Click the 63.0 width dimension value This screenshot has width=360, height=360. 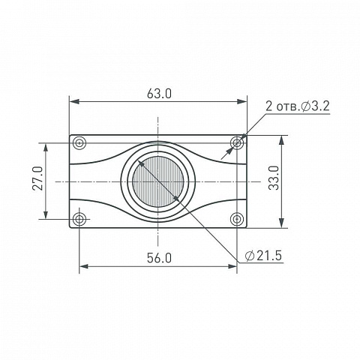tap(159, 94)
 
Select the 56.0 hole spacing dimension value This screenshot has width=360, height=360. tap(159, 258)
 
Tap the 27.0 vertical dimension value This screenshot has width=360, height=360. tap(38, 178)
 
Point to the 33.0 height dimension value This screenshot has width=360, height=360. tap(274, 178)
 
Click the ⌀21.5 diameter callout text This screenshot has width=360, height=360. tap(263, 256)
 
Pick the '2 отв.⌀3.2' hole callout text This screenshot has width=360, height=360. tap(298, 106)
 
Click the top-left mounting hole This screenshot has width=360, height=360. tap(79, 143)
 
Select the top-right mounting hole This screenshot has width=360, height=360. tap(237, 143)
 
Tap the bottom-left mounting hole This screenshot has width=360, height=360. tap(79, 219)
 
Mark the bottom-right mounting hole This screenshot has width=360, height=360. tap(237, 219)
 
